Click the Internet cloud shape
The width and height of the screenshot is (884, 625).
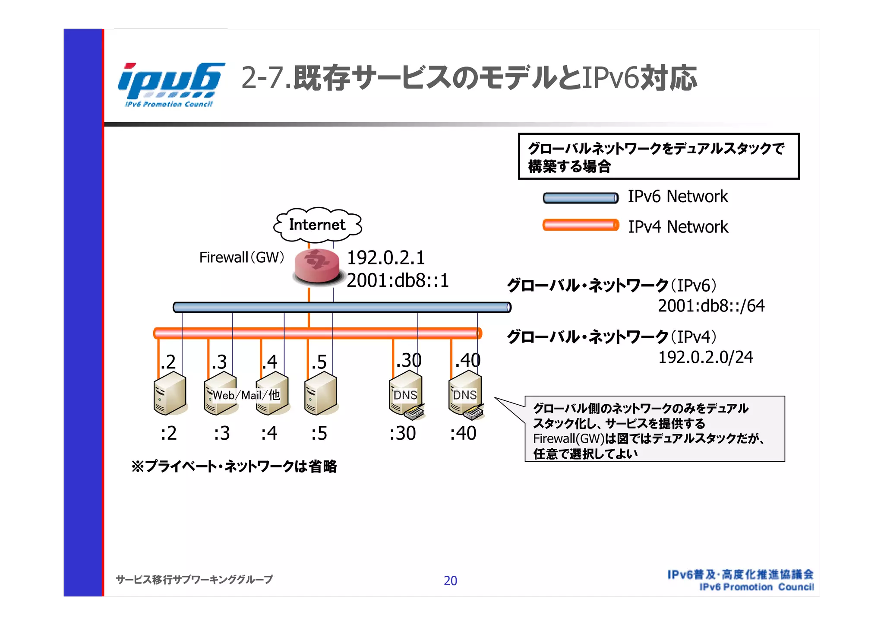coord(317,225)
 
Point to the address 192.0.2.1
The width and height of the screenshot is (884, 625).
coord(386,258)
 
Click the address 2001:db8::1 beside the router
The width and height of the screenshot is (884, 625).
coord(398,281)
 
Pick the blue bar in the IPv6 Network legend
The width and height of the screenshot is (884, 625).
coord(581,198)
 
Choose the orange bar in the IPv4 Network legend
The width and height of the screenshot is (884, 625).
coord(581,225)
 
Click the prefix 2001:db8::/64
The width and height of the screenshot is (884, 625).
coord(711,306)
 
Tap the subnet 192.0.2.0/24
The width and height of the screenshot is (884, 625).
coord(705,357)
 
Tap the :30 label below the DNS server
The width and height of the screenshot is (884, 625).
coord(402,433)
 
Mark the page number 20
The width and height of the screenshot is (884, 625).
coord(450,581)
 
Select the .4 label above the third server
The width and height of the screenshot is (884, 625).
coord(270,362)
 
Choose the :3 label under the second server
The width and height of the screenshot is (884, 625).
coord(221,433)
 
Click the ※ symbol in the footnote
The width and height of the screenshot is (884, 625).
coord(138,466)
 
